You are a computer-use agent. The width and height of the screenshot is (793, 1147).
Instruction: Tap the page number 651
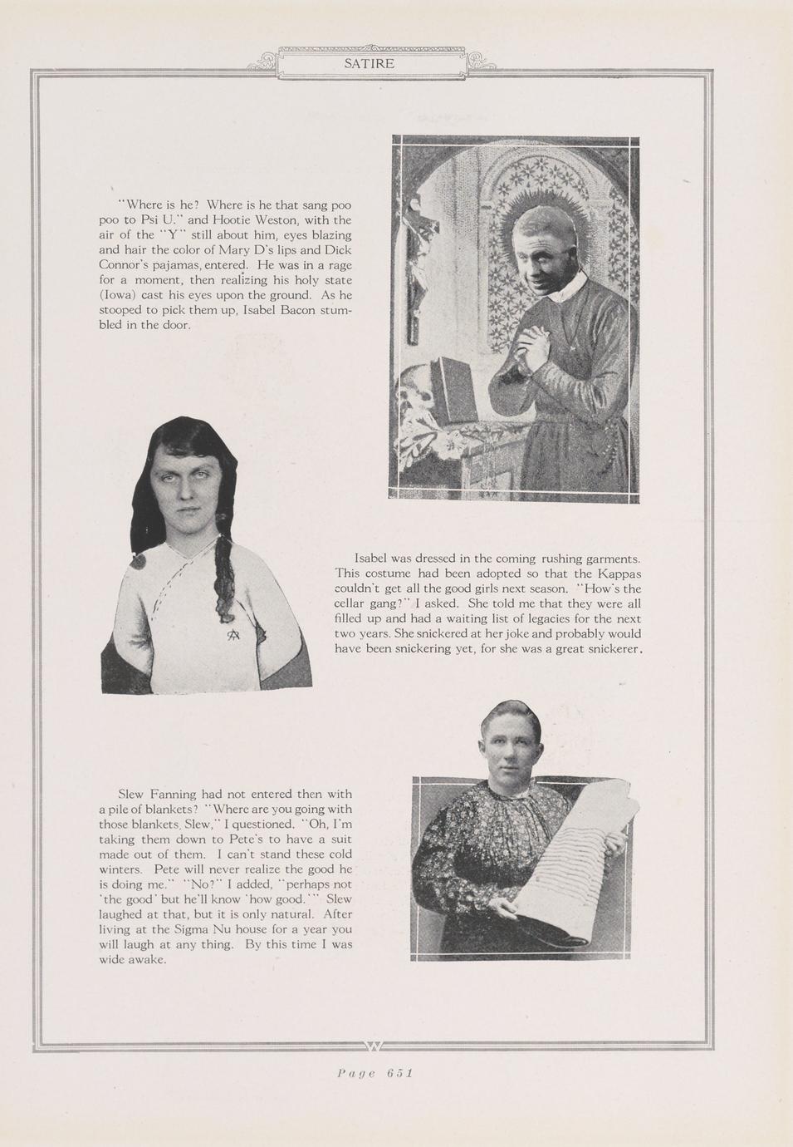click(399, 1073)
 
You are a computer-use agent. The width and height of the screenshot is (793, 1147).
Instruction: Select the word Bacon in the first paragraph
click(296, 310)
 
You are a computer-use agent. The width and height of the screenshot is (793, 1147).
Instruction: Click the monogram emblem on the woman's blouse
click(235, 636)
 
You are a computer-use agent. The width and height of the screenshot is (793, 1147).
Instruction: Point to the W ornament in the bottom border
click(373, 1045)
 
